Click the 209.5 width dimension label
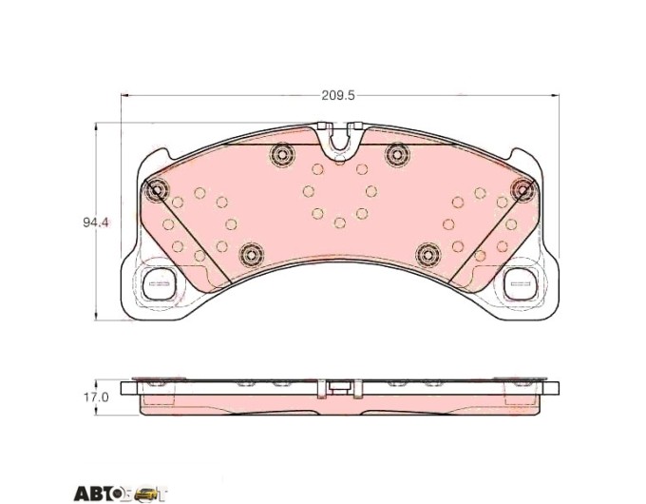338,96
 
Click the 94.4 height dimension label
96,223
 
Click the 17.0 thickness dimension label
96,397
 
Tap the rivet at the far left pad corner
157,190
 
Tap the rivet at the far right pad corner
522,190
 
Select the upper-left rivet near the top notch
282,155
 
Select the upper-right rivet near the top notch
397,155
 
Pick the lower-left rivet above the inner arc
251,254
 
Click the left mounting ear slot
159,283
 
